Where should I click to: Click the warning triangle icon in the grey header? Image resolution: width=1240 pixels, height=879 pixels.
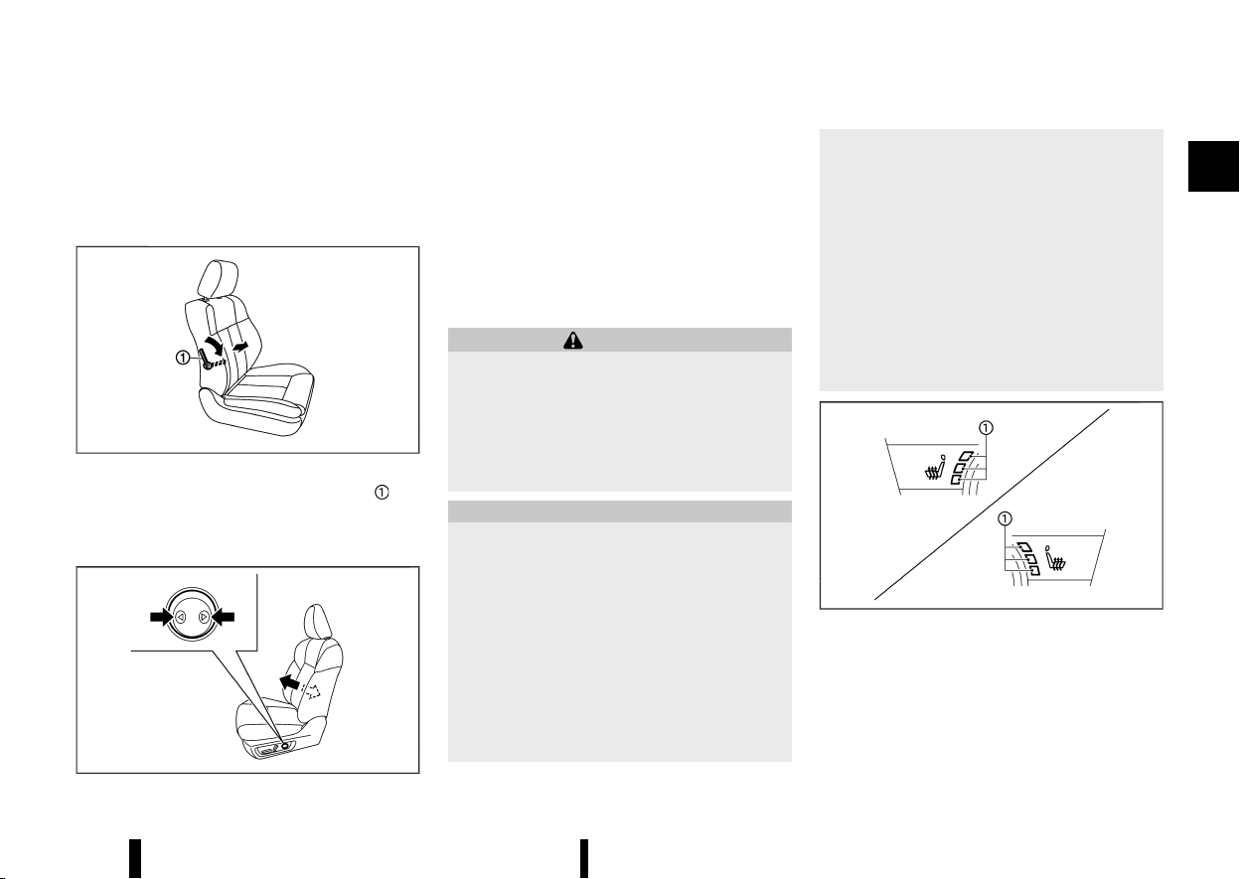point(573,341)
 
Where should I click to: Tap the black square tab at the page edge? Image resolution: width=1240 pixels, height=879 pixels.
point(1213,166)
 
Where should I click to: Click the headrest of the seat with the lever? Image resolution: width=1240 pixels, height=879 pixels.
point(218,279)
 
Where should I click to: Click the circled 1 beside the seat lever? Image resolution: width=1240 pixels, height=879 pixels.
point(182,359)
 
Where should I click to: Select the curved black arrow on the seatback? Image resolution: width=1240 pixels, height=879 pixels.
point(215,346)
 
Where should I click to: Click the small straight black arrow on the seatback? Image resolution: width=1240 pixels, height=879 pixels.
point(240,347)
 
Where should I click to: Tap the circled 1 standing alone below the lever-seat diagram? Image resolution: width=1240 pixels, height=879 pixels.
point(382,492)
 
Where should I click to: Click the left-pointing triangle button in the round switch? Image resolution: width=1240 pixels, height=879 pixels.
point(181,617)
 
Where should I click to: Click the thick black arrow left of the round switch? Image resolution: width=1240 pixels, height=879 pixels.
point(162,617)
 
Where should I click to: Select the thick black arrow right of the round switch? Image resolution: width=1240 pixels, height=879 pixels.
point(223,617)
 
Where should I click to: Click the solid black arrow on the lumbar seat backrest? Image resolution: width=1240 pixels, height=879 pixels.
point(289,682)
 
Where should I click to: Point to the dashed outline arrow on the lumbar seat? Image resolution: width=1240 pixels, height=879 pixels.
point(313,691)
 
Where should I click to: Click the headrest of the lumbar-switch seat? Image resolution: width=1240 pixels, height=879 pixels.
point(318,622)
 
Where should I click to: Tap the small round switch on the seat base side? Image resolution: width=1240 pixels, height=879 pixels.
point(285,746)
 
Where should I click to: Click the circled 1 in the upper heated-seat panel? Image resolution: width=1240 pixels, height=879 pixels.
point(986,428)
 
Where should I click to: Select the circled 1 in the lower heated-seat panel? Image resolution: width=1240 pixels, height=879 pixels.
point(1005,518)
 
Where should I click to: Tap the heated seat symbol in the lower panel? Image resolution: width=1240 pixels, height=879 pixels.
point(1055,558)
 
